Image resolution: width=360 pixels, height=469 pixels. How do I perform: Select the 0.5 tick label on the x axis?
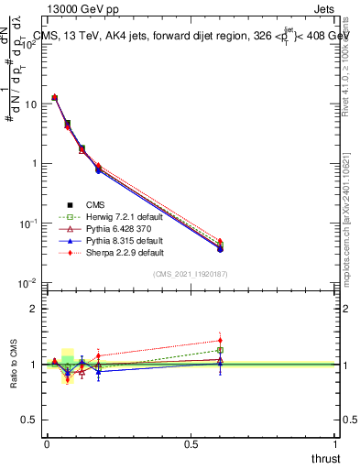(191, 443)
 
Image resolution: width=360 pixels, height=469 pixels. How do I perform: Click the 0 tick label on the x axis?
(47, 443)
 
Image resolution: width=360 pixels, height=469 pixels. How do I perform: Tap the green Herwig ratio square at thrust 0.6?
(220, 350)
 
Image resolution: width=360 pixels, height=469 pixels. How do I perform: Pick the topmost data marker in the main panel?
(55, 97)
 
